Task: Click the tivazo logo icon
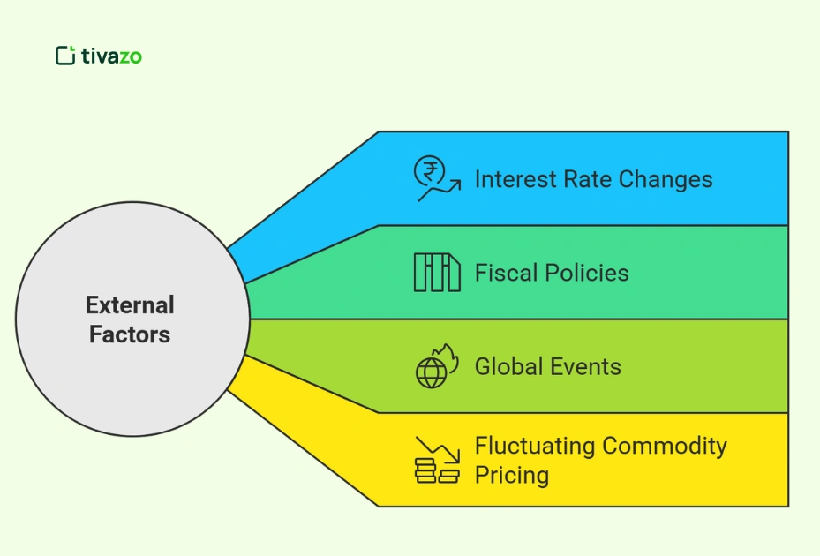[65, 56]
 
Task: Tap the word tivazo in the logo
[111, 56]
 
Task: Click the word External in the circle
[130, 305]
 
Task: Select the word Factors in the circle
[130, 334]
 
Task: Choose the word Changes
[666, 179]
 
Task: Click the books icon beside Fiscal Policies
[437, 273]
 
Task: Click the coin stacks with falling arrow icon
[437, 460]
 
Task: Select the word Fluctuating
[534, 446]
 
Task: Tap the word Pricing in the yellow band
[511, 475]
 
